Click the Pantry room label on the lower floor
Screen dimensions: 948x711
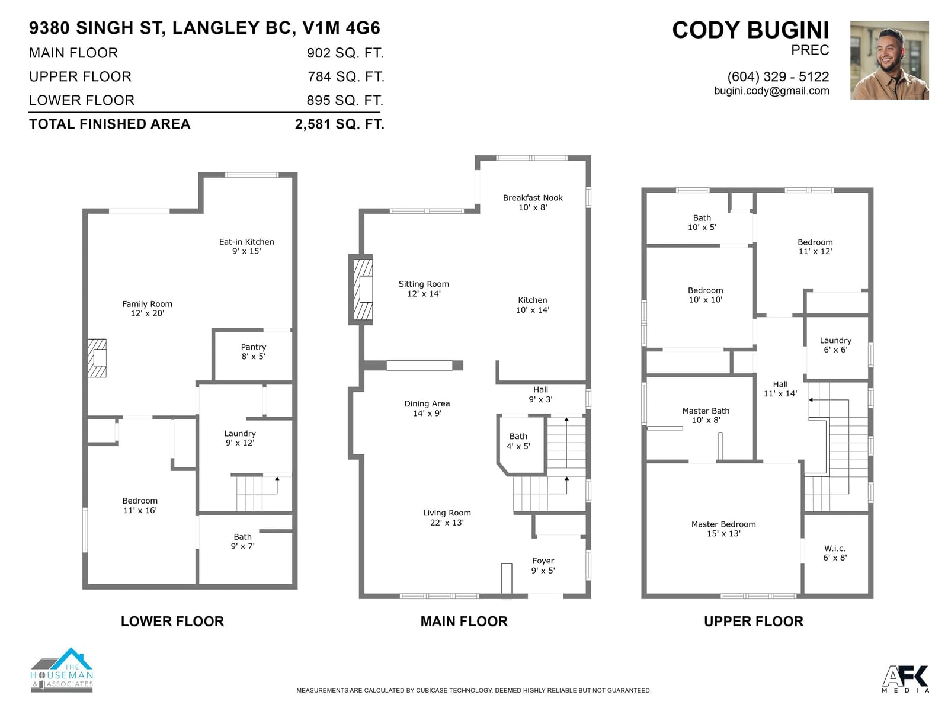253,351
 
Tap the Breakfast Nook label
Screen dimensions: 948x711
533,203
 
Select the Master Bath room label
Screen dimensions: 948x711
706,415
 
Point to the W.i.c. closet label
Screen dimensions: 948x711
835,553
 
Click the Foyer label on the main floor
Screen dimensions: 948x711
543,565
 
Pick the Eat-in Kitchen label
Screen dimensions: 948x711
246,246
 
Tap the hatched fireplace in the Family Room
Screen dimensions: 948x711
97,358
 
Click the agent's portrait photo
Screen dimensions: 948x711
889,60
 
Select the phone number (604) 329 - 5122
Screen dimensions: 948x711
779,77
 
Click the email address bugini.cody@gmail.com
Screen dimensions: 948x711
771,91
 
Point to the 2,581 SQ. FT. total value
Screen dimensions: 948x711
340,124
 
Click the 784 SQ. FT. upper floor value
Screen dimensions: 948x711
345,77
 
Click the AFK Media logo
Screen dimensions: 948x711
904,679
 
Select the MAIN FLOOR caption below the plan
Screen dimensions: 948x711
464,622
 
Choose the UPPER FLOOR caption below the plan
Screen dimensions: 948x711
754,622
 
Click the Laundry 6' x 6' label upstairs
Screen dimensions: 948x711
835,345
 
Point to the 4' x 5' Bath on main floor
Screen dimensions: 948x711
518,441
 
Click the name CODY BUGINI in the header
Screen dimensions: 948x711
751,30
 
